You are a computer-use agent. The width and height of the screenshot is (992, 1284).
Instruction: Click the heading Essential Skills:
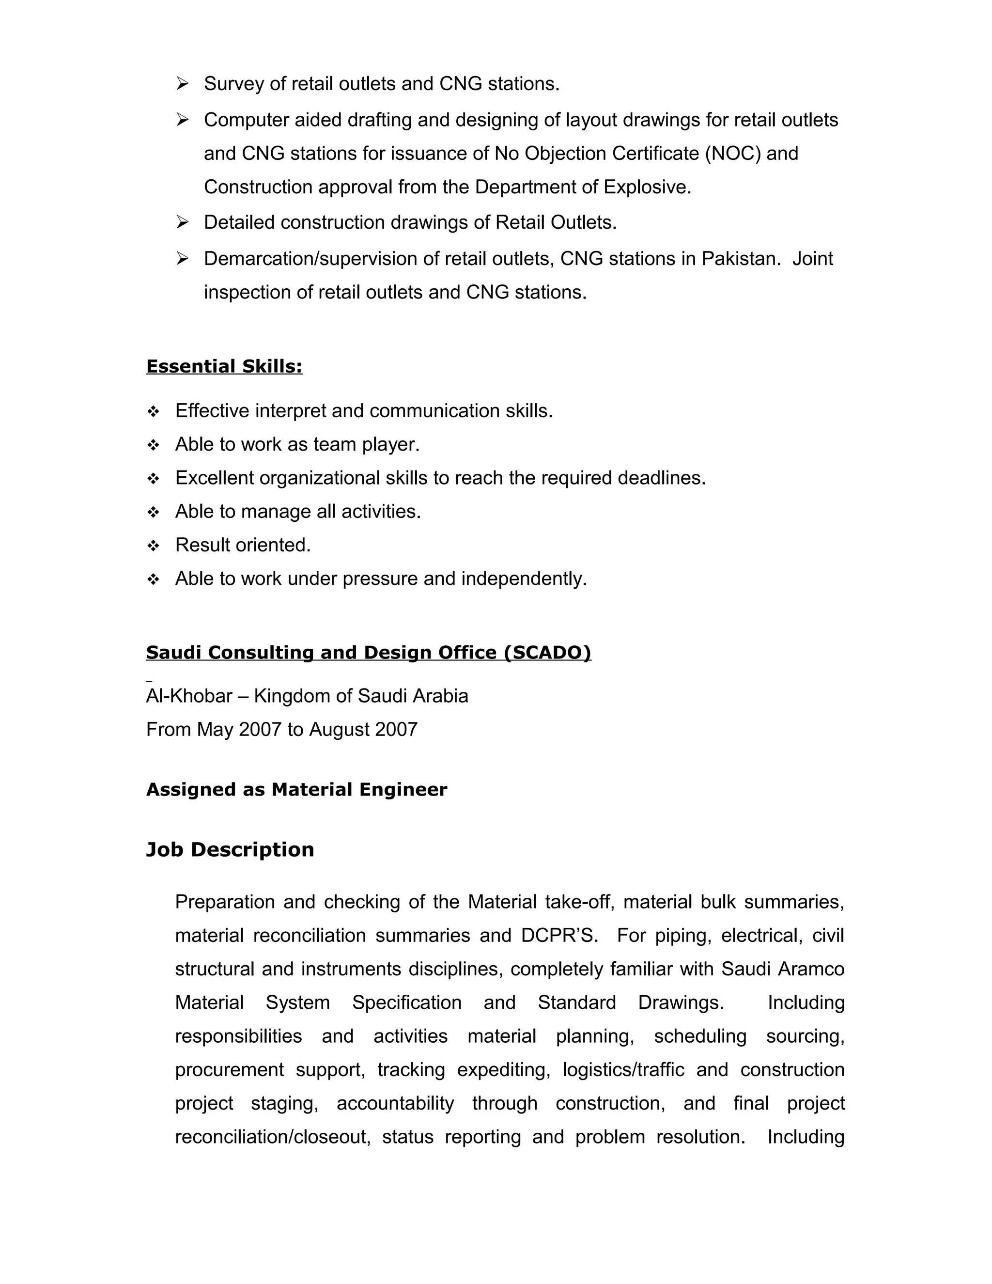pos(224,366)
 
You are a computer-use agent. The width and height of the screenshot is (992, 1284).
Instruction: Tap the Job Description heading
pos(230,849)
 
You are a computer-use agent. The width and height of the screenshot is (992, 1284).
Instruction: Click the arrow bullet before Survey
pos(182,84)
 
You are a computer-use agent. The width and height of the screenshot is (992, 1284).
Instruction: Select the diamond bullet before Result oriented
pos(154,546)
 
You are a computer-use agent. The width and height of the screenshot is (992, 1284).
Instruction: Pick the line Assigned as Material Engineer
pos(296,790)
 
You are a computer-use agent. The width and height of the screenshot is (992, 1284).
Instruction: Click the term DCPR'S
pos(559,935)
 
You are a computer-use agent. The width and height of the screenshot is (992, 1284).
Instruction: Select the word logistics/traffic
pos(623,1069)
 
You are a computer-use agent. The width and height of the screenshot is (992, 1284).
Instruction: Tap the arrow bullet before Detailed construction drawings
pos(182,223)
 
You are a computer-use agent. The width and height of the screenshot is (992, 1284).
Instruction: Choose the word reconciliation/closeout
pos(273,1136)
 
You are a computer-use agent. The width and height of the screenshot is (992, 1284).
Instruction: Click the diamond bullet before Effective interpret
pos(154,411)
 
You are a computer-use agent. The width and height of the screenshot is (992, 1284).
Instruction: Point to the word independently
pos(524,579)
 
